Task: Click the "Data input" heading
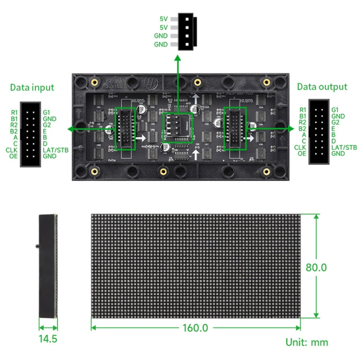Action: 32,87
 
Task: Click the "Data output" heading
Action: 322,87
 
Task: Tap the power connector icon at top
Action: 187,32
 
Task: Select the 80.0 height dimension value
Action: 316,267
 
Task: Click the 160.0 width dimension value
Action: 195,328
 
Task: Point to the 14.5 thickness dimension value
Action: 48,338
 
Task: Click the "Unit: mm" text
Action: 307,342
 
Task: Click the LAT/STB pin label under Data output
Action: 344,147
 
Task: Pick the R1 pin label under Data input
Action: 14,112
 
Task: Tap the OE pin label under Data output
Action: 302,153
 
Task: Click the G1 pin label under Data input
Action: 47,112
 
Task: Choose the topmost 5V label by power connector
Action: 164,19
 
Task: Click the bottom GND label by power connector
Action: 161,44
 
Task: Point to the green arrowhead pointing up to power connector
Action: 178,59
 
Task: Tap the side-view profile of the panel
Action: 48,266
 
